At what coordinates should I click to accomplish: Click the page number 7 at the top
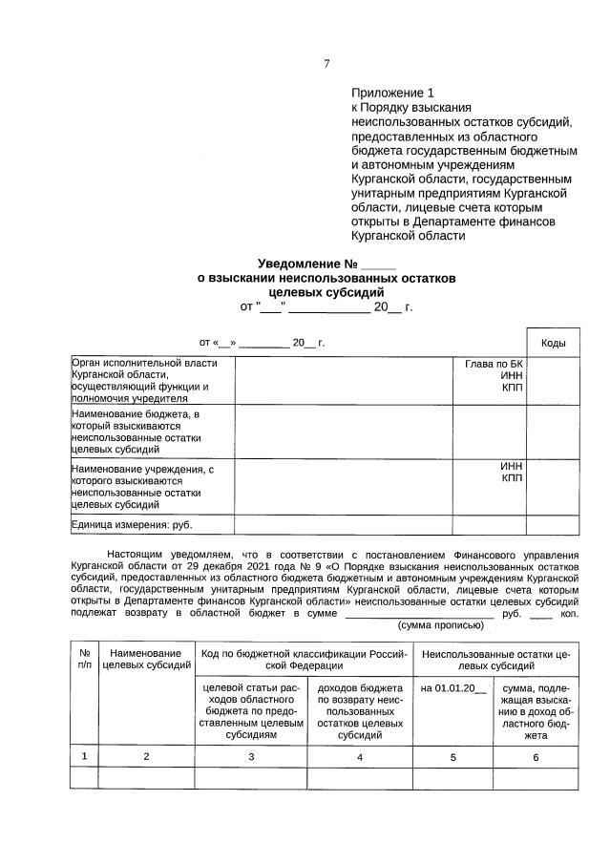pyautogui.click(x=326, y=64)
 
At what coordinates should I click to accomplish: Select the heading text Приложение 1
pyautogui.click(x=392, y=94)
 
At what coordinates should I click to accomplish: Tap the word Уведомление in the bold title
pyautogui.click(x=300, y=263)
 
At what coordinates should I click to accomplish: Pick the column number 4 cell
pyautogui.click(x=360, y=756)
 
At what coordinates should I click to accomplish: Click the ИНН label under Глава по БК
pyautogui.click(x=512, y=376)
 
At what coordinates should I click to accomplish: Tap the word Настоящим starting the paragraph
pyautogui.click(x=138, y=553)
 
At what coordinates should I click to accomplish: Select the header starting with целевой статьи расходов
pyautogui.click(x=250, y=709)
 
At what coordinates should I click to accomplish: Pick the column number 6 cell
pyautogui.click(x=536, y=756)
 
